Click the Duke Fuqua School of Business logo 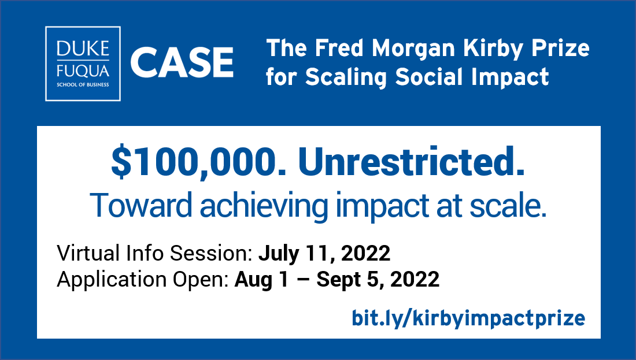coord(83,64)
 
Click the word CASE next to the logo coord(182,63)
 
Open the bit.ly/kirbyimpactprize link coord(468,317)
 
